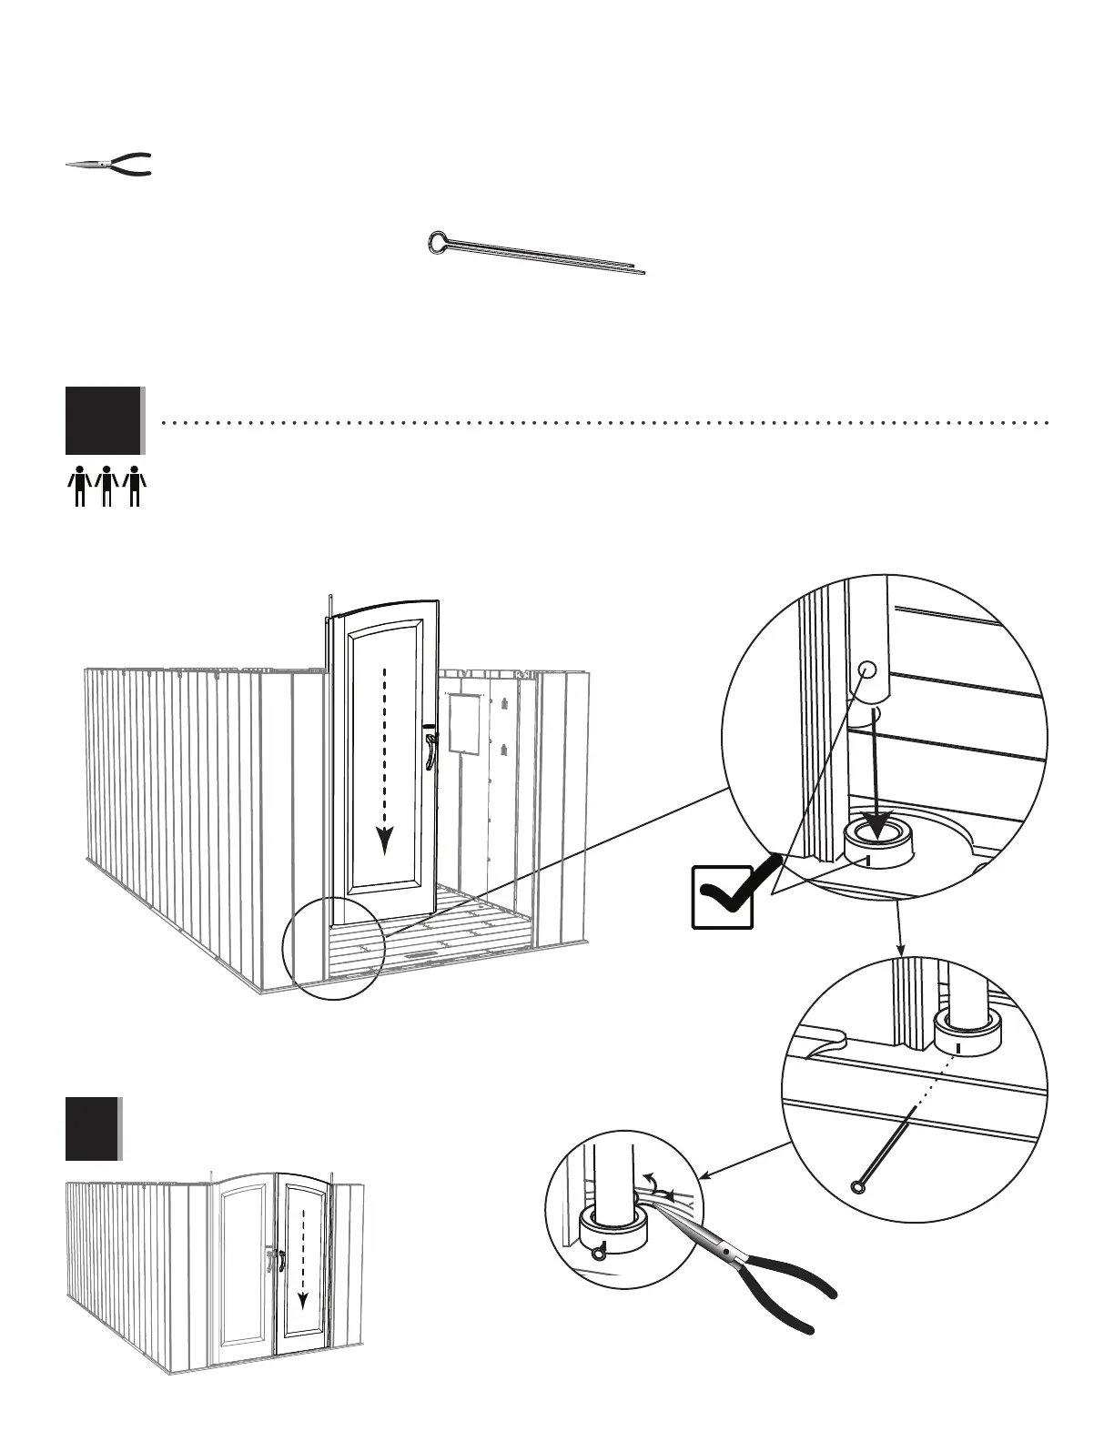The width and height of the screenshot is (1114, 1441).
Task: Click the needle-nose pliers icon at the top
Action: click(108, 165)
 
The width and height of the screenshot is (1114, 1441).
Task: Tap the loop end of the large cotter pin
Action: click(438, 242)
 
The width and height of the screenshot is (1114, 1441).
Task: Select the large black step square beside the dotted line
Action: click(103, 420)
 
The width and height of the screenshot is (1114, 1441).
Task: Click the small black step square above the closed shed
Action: click(92, 1129)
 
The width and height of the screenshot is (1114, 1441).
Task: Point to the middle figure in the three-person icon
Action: click(107, 485)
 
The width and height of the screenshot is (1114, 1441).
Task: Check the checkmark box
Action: click(723, 897)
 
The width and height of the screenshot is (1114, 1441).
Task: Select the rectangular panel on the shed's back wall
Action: click(464, 723)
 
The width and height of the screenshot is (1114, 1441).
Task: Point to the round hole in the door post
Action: click(867, 670)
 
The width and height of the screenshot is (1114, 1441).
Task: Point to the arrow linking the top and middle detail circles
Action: click(900, 927)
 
